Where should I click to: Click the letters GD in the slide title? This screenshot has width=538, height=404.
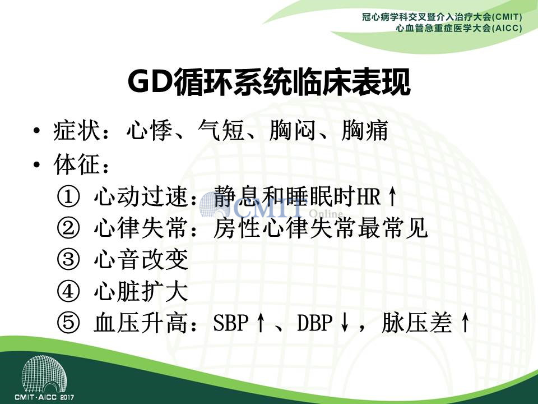pyautogui.click(x=150, y=82)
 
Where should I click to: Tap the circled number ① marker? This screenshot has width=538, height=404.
pyautogui.click(x=68, y=197)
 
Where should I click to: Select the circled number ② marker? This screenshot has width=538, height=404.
pyautogui.click(x=68, y=228)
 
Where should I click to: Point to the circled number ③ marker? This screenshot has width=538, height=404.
pyautogui.click(x=68, y=259)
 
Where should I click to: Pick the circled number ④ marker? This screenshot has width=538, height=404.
pyautogui.click(x=68, y=291)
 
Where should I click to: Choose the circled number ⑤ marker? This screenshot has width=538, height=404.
pyautogui.click(x=68, y=323)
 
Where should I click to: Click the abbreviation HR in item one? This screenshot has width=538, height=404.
pyautogui.click(x=369, y=197)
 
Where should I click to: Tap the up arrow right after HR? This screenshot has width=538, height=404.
pyautogui.click(x=392, y=197)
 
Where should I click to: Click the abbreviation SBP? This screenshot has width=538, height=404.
pyautogui.click(x=230, y=323)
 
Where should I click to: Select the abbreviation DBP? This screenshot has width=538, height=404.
pyautogui.click(x=314, y=323)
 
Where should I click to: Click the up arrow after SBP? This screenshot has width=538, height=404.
pyautogui.click(x=261, y=323)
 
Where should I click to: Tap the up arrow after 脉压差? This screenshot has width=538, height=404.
pyautogui.click(x=465, y=323)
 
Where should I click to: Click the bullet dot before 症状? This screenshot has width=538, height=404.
pyautogui.click(x=37, y=131)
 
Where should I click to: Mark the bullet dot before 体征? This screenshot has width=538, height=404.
pyautogui.click(x=37, y=165)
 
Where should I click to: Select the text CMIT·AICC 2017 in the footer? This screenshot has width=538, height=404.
pyautogui.click(x=44, y=397)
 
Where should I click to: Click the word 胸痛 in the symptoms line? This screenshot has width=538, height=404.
pyautogui.click(x=365, y=131)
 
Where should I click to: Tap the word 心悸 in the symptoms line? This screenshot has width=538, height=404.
pyautogui.click(x=150, y=131)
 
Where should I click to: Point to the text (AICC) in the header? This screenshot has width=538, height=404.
pyautogui.click(x=508, y=28)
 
